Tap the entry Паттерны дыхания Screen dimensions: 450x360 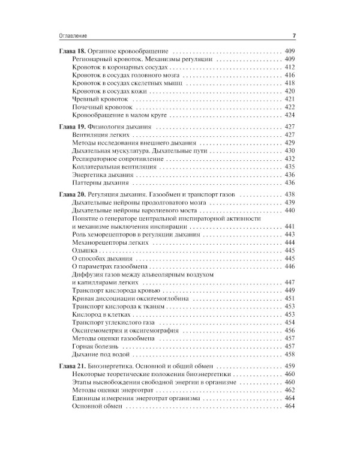coord(100,182)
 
